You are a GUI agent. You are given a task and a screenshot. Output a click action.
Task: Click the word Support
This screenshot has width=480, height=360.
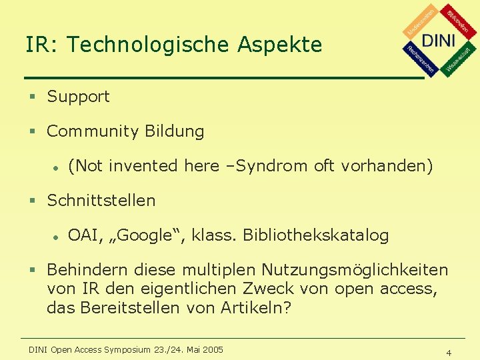78,97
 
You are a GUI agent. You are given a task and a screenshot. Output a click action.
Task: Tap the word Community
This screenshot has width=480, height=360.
88,131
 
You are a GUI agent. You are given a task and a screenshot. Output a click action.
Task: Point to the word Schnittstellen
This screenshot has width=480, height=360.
101,201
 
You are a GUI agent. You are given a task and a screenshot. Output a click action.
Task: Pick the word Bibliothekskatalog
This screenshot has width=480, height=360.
315,235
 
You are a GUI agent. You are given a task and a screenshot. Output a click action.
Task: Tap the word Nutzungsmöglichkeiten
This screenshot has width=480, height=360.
355,270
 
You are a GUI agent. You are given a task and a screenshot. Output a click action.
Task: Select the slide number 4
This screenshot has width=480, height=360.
449,353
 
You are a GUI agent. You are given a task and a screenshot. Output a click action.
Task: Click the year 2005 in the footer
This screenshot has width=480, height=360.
213,349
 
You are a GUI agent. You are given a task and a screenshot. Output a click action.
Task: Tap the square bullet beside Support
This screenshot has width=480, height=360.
31,97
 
